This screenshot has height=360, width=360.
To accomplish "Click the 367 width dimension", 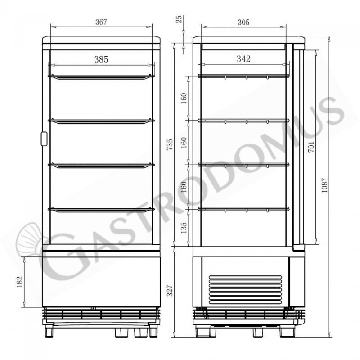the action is click(101, 22).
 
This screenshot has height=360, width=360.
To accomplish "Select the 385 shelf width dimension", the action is click(101, 59).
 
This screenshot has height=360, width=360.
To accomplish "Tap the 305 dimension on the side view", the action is click(243, 22).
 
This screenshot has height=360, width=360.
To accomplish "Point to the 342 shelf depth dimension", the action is click(243, 59).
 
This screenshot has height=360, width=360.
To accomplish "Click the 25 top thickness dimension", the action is click(179, 19).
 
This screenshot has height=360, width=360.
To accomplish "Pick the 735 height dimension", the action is click(170, 144).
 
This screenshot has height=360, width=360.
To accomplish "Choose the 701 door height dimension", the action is click(311, 147).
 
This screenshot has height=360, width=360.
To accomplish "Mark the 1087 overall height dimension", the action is click(324, 185).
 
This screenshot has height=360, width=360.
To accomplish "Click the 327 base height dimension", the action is click(170, 291).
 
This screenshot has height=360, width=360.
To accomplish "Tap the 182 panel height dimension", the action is click(20, 282).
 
